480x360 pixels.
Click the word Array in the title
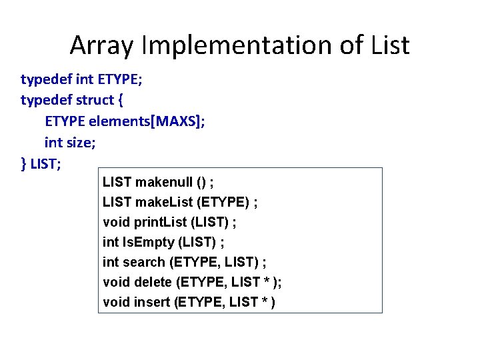(x=99, y=45)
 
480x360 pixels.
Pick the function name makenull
(x=164, y=182)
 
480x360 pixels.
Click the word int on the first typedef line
(x=85, y=80)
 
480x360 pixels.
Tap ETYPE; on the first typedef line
(x=120, y=80)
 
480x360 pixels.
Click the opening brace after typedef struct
(x=120, y=101)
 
